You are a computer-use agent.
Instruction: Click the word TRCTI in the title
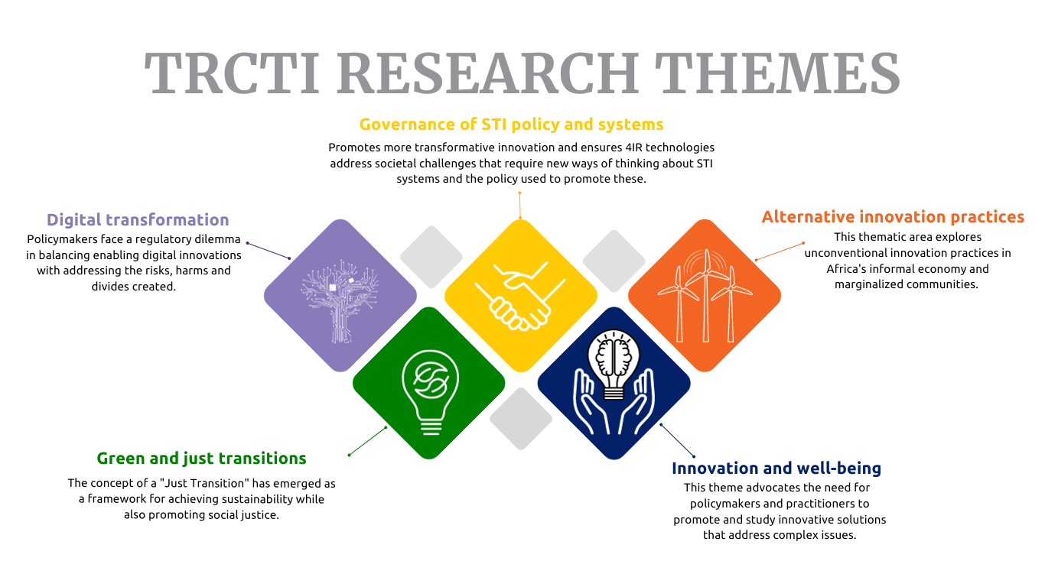click(x=232, y=73)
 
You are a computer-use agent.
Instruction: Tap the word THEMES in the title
click(x=777, y=73)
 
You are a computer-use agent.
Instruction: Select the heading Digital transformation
click(x=138, y=219)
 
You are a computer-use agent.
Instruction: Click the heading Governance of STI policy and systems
click(x=511, y=125)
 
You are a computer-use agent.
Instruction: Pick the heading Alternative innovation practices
click(x=893, y=217)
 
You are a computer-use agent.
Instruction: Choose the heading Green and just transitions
click(x=201, y=459)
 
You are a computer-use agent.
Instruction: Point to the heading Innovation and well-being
click(x=776, y=468)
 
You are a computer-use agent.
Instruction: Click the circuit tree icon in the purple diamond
click(x=340, y=300)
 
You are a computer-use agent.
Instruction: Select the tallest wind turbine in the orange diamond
click(x=706, y=296)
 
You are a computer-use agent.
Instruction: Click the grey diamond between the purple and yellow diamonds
click(x=431, y=257)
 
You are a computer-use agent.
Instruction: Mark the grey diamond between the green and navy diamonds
click(x=521, y=419)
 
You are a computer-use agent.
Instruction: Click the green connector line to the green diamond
click(x=368, y=441)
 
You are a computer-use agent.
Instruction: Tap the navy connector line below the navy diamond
click(x=677, y=440)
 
